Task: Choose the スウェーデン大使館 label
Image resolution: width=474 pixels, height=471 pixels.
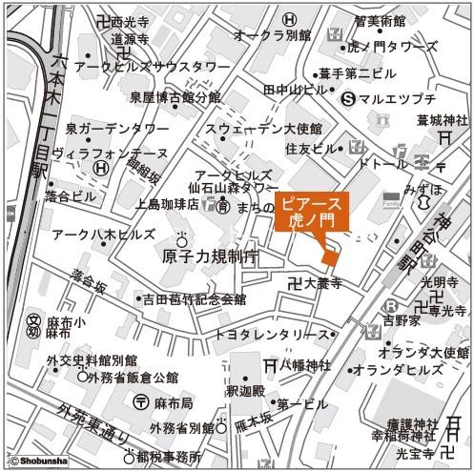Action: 261,130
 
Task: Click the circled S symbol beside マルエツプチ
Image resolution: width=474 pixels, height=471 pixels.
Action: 349,97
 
